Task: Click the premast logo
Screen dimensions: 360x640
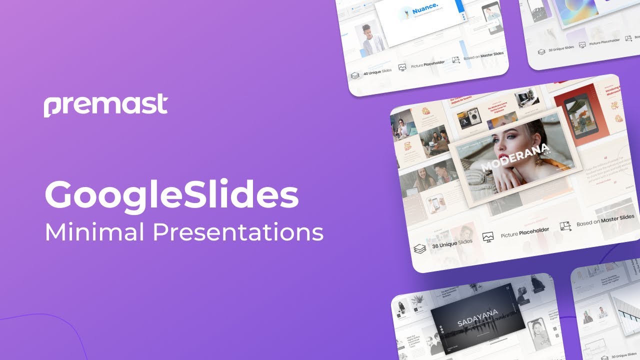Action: (105, 105)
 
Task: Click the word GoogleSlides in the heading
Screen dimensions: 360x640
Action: (171, 195)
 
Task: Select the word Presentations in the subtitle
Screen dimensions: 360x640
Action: (237, 232)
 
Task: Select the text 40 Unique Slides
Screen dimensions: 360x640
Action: (377, 72)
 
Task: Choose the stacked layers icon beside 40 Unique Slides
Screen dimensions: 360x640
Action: (355, 75)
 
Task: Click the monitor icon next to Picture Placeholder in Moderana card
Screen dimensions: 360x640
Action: (488, 237)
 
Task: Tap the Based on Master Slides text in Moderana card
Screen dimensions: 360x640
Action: (605, 220)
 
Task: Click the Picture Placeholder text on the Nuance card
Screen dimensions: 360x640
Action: (427, 64)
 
